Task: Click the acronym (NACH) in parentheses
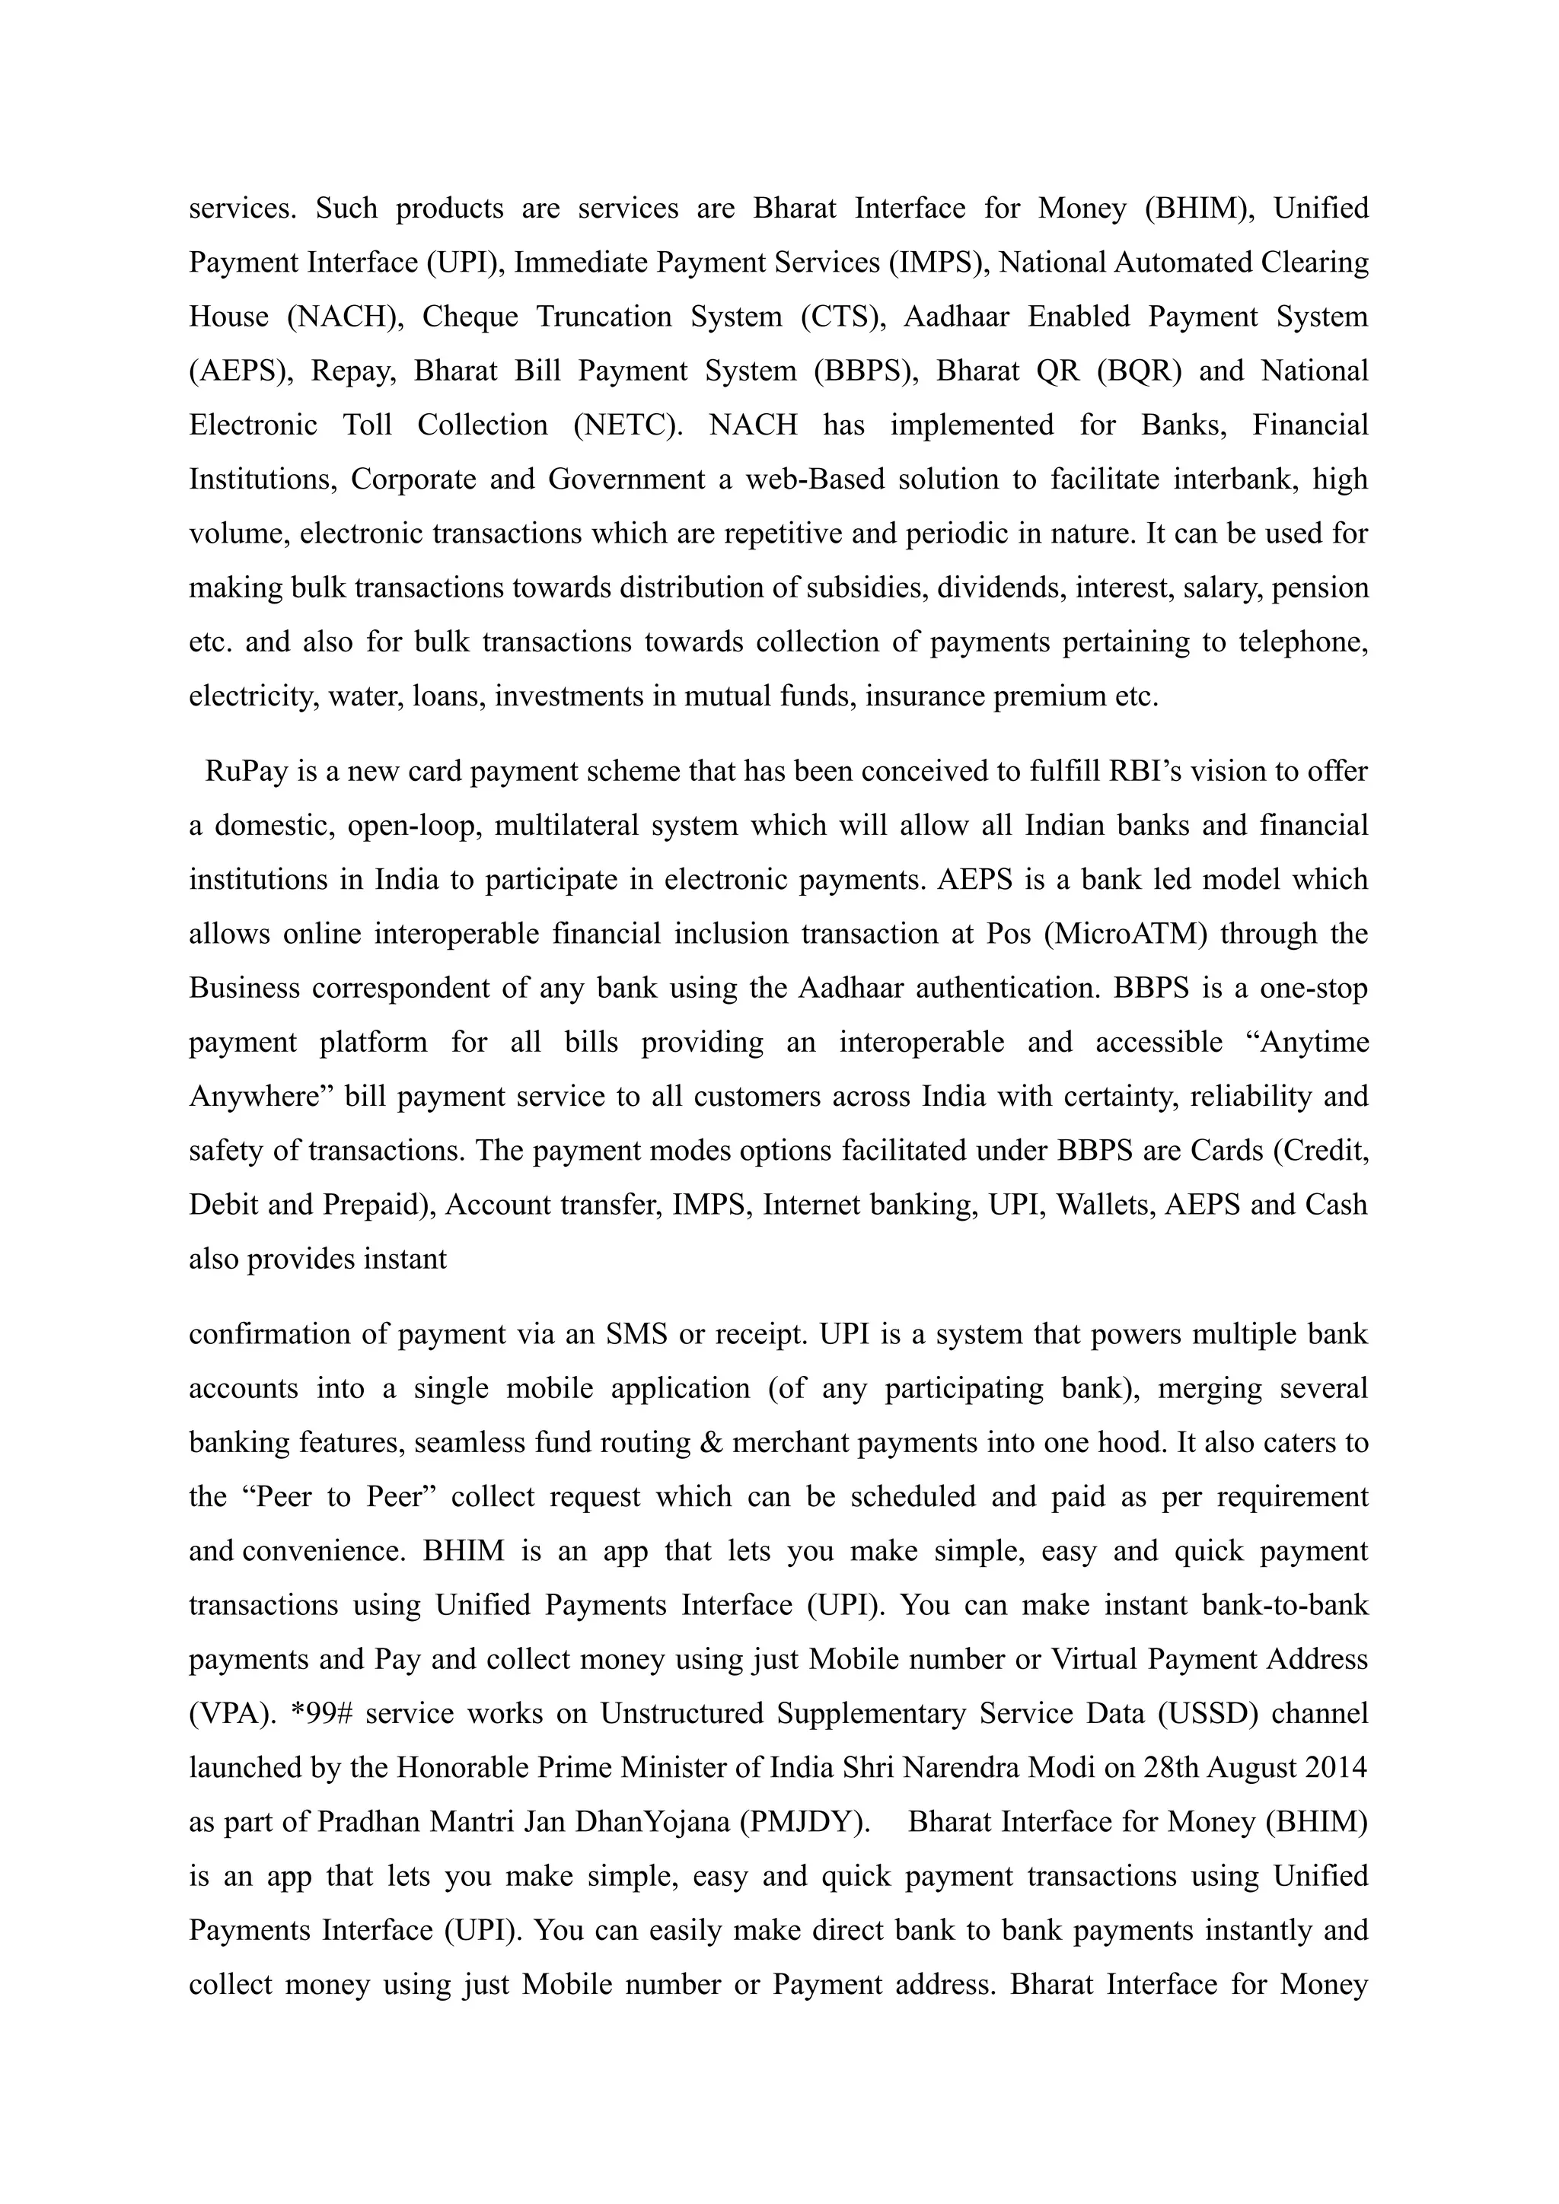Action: (343, 317)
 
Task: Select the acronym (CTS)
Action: (842, 317)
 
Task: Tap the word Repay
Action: (352, 371)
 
